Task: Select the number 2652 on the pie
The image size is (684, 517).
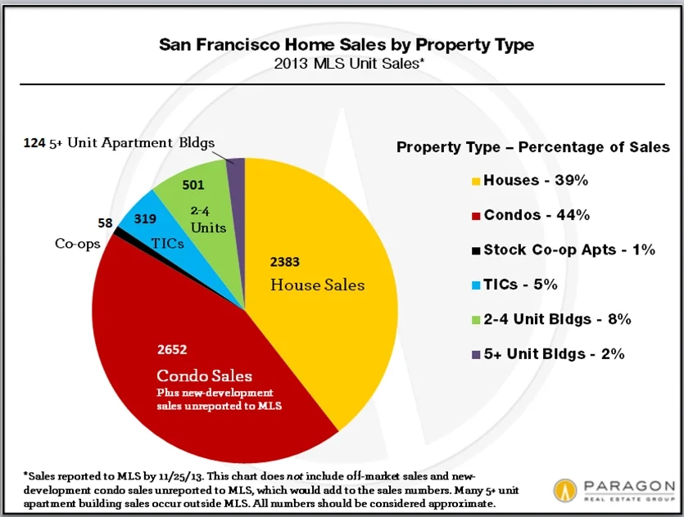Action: [173, 350]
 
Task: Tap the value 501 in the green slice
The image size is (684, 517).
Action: [193, 185]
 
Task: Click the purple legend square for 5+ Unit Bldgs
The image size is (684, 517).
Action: [476, 354]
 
